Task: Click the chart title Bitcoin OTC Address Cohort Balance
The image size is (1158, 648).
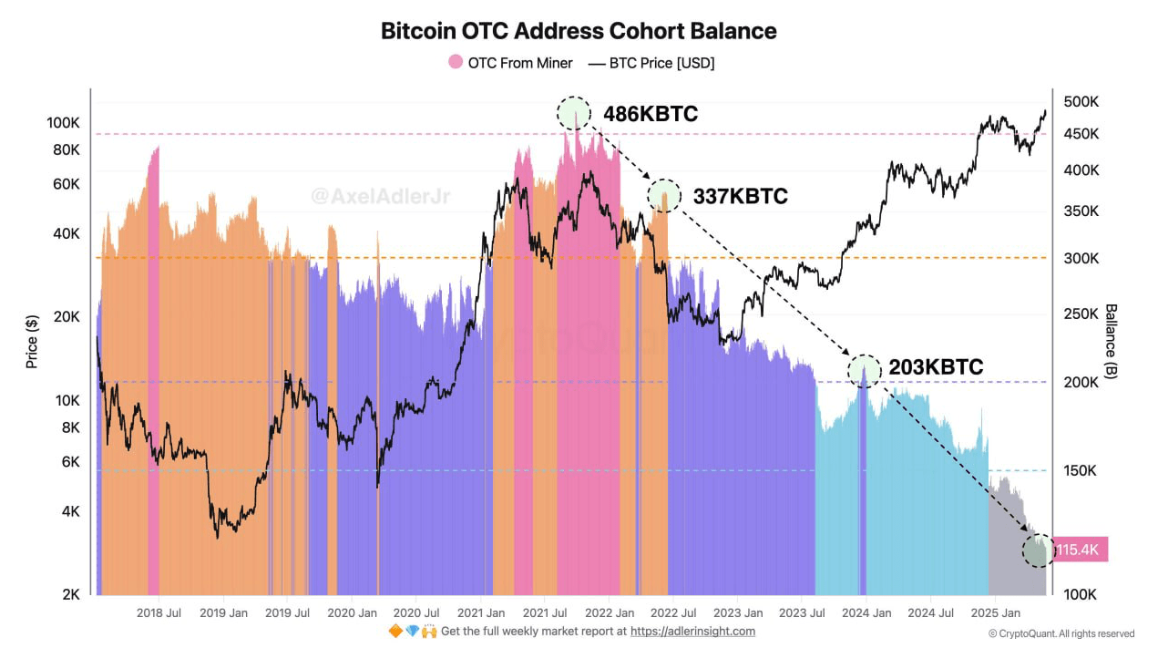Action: point(579,31)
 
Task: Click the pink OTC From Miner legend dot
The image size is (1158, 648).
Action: point(456,63)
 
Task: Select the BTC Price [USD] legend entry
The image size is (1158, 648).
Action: point(651,63)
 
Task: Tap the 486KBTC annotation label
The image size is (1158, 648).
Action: point(650,114)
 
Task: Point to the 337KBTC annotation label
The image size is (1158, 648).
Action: point(740,196)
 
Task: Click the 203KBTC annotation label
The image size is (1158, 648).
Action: point(936,367)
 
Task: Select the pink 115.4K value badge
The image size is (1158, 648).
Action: point(1081,550)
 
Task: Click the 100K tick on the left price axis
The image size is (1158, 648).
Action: point(65,123)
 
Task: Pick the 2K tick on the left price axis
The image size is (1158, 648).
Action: point(70,594)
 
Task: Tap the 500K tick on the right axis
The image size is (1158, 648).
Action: point(1081,101)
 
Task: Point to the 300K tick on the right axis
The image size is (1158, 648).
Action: point(1081,258)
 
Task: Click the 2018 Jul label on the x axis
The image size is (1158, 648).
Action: point(159,613)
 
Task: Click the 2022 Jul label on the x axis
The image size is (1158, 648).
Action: point(674,613)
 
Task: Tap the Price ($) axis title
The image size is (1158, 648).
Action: point(32,341)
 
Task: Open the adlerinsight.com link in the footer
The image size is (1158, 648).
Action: point(692,631)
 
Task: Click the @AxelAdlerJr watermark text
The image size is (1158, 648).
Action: point(380,196)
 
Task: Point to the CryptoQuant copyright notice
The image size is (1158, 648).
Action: point(1061,633)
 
